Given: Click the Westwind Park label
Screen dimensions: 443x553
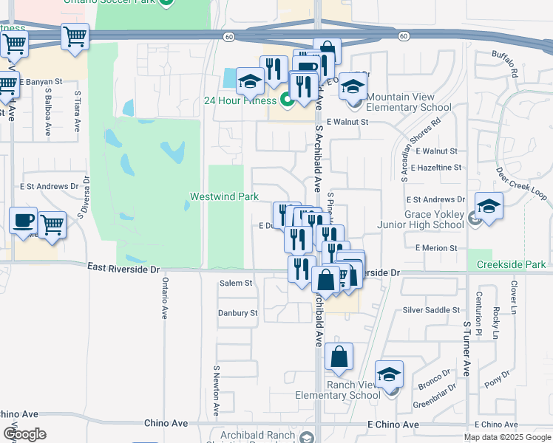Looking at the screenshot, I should click(224, 196).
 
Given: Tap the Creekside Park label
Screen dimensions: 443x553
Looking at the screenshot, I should click(511, 264).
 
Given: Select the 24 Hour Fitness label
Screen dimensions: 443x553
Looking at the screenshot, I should click(240, 100).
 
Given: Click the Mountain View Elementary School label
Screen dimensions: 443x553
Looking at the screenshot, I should click(408, 103).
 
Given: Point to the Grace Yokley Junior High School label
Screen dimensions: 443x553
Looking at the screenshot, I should click(424, 220).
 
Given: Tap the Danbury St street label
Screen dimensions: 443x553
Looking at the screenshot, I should click(237, 313).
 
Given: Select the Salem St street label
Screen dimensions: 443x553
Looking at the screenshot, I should click(236, 283).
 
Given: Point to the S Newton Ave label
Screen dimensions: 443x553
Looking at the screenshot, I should click(217, 391).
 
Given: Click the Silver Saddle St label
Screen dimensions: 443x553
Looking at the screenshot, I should click(431, 310).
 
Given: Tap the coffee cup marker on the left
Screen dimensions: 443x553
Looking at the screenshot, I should click(24, 220).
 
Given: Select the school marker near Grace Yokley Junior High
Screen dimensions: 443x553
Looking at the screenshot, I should click(489, 206).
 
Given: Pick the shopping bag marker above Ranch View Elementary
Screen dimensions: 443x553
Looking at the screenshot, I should click(338, 357).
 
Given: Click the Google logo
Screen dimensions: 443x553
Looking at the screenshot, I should click(24, 434).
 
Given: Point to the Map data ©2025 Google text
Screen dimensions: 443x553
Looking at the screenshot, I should click(506, 437).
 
